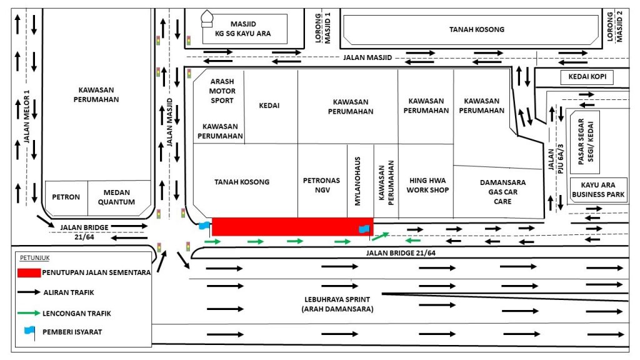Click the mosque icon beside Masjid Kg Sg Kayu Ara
coord(207,19)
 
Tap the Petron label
coord(66,197)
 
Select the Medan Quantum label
coord(116,197)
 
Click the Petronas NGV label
coord(321,185)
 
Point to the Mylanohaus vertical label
coord(357,181)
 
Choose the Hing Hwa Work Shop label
coord(427,185)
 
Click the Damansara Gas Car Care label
coord(502,191)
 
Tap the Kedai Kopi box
coord(587,77)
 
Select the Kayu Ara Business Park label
coord(598,190)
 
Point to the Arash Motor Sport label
coord(222,91)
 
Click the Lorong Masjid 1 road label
coord(322,28)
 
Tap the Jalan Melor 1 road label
coord(26,116)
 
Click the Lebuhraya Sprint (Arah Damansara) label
coord(337,304)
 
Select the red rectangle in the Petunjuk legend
coord(29,272)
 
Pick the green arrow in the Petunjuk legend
coord(29,313)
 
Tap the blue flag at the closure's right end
coord(364,230)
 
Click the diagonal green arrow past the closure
coord(381,236)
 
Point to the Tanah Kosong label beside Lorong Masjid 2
coord(476,29)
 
